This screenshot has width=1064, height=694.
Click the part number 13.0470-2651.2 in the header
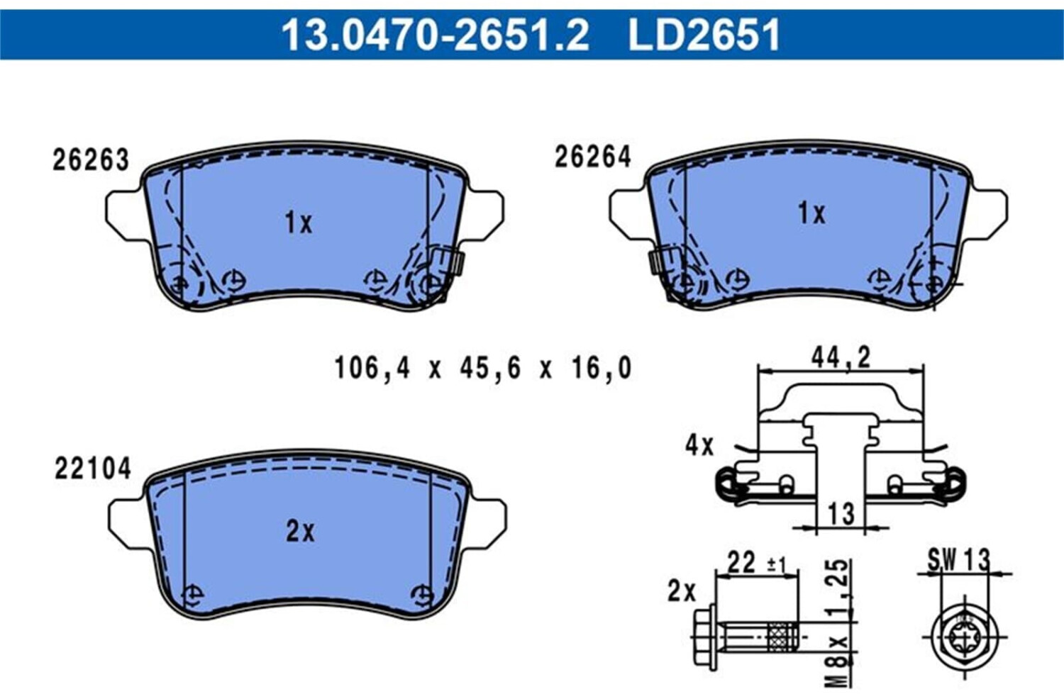(435, 34)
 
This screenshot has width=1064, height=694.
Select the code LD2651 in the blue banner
(704, 34)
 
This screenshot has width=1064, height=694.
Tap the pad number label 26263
(90, 160)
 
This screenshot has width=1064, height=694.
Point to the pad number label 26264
(593, 157)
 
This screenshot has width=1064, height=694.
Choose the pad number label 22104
(93, 469)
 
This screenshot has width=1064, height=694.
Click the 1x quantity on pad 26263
(299, 223)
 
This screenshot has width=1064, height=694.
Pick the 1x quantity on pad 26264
(811, 213)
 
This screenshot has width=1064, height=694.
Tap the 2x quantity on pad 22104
(300, 532)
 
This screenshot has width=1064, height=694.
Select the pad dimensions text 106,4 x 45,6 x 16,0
(483, 369)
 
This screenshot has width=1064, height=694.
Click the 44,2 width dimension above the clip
(841, 357)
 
